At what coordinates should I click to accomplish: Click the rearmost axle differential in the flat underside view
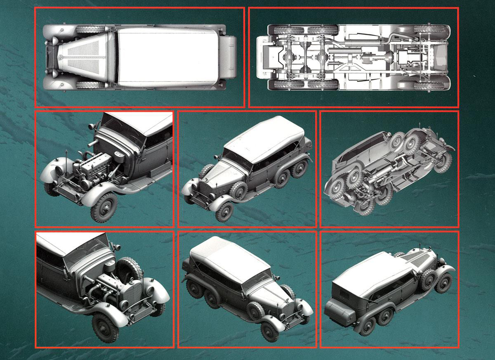(291, 57)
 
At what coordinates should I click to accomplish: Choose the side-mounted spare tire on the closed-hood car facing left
(238, 191)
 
